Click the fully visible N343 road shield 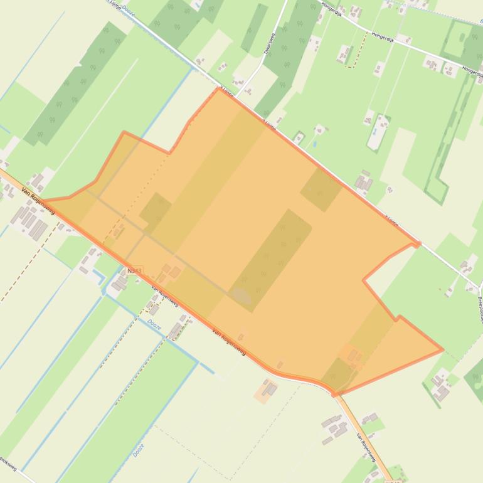[x=134, y=271]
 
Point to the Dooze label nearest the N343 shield [x=154, y=324]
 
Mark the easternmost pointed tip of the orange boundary [x=443, y=349]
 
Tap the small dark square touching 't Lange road [x=321, y=189]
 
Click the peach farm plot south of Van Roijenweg [x=265, y=391]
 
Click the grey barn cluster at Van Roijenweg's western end [x=29, y=222]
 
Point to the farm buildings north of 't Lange [x=363, y=183]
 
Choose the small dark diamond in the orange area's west [x=155, y=210]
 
